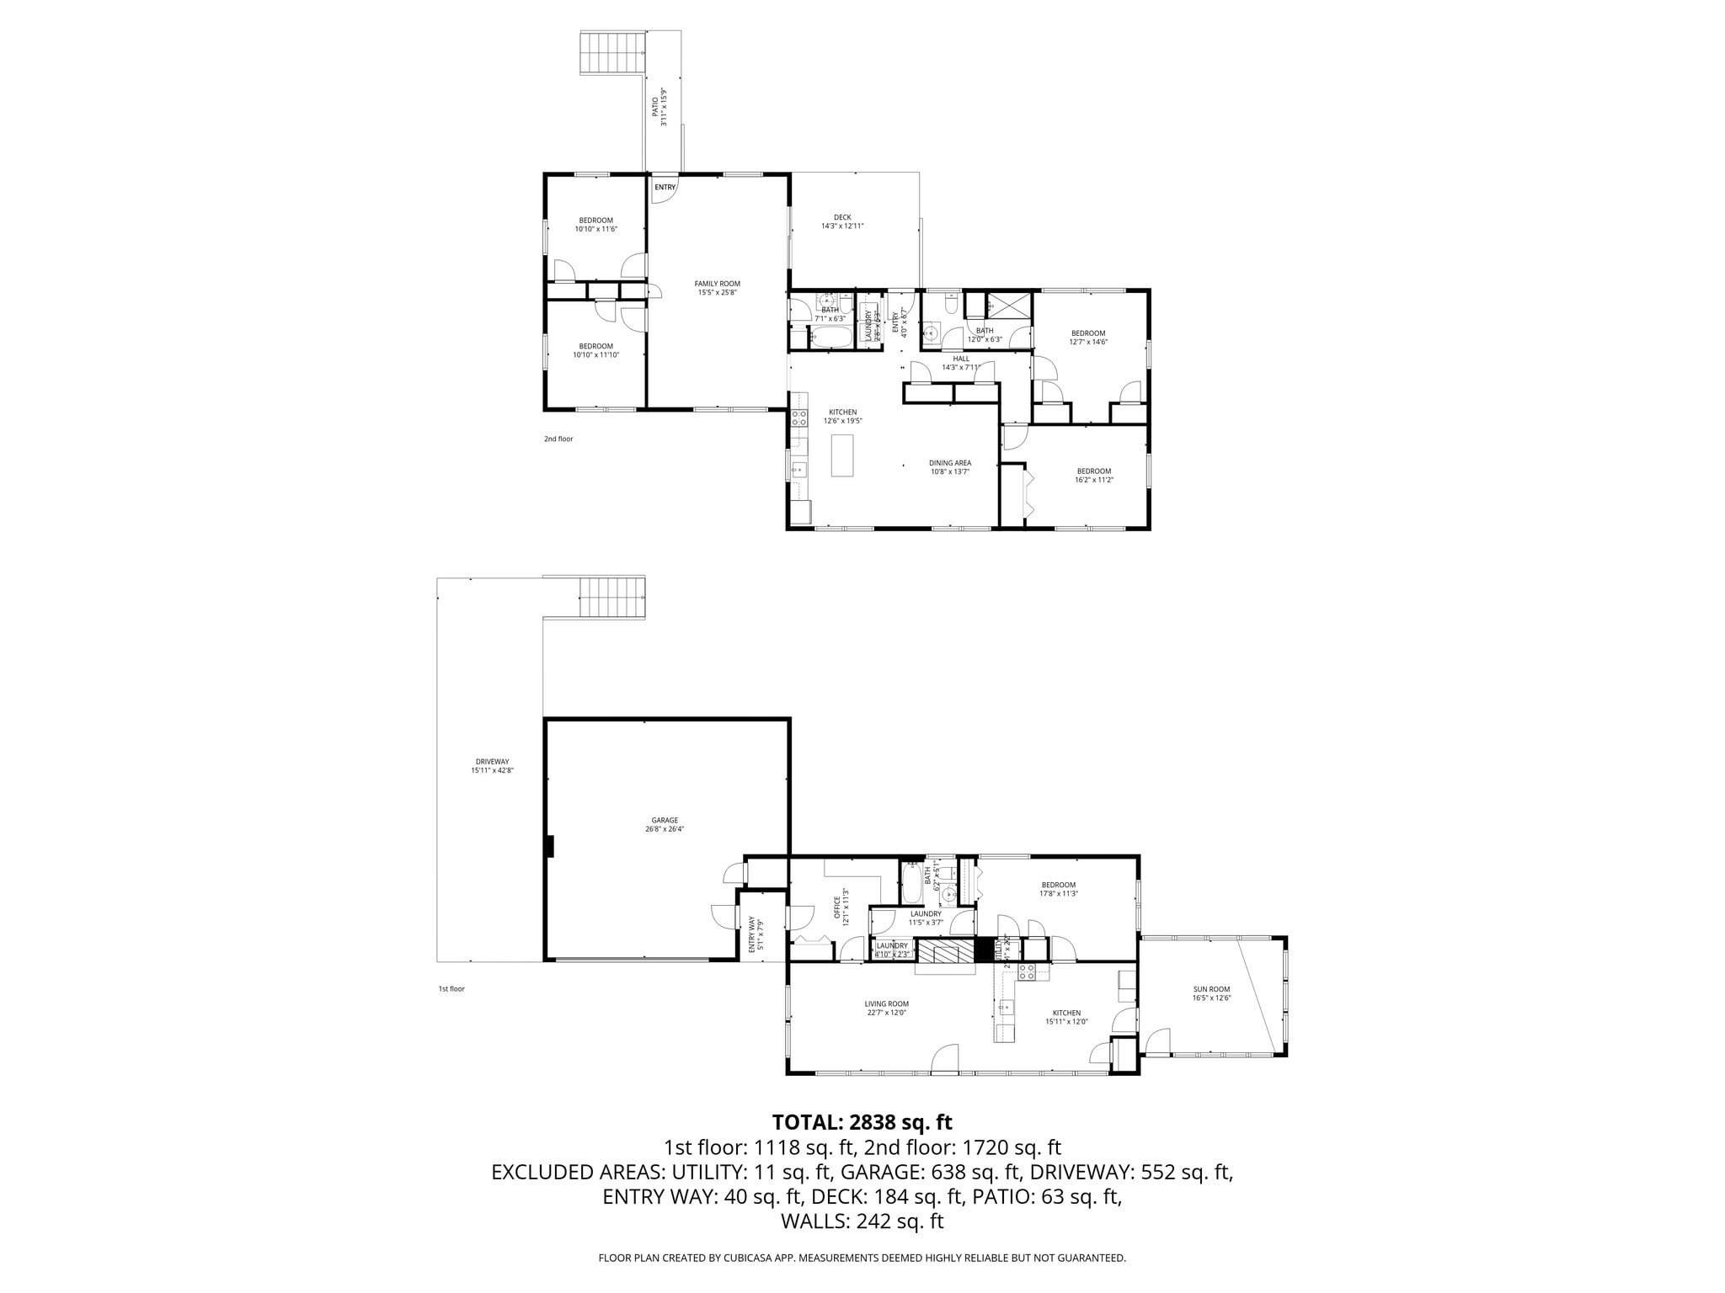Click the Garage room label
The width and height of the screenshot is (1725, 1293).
tap(665, 824)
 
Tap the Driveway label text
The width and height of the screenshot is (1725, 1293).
tap(492, 765)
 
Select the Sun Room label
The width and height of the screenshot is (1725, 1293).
tap(1211, 993)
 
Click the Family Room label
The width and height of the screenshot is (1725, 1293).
tap(717, 288)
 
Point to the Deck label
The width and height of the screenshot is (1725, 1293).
tap(842, 221)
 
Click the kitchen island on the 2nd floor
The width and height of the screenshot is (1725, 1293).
tap(842, 455)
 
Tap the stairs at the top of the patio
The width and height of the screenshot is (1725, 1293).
tap(611, 53)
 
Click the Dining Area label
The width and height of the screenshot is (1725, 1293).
tap(950, 467)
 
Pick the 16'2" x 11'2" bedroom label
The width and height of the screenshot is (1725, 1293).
tap(1093, 476)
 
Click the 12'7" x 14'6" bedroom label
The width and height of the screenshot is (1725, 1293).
tap(1087, 338)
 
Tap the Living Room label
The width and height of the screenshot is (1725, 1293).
tap(886, 1008)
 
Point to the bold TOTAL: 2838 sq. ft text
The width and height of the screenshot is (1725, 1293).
tap(862, 1122)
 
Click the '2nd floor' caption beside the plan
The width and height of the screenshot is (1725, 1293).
tap(558, 439)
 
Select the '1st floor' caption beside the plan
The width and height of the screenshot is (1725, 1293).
tap(451, 988)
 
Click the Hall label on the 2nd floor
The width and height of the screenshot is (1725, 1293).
tap(961, 363)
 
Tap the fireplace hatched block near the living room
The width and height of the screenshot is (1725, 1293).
tap(944, 951)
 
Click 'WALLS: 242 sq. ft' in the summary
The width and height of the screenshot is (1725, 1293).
tap(862, 1221)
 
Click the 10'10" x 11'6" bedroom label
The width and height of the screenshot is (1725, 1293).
tap(595, 225)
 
